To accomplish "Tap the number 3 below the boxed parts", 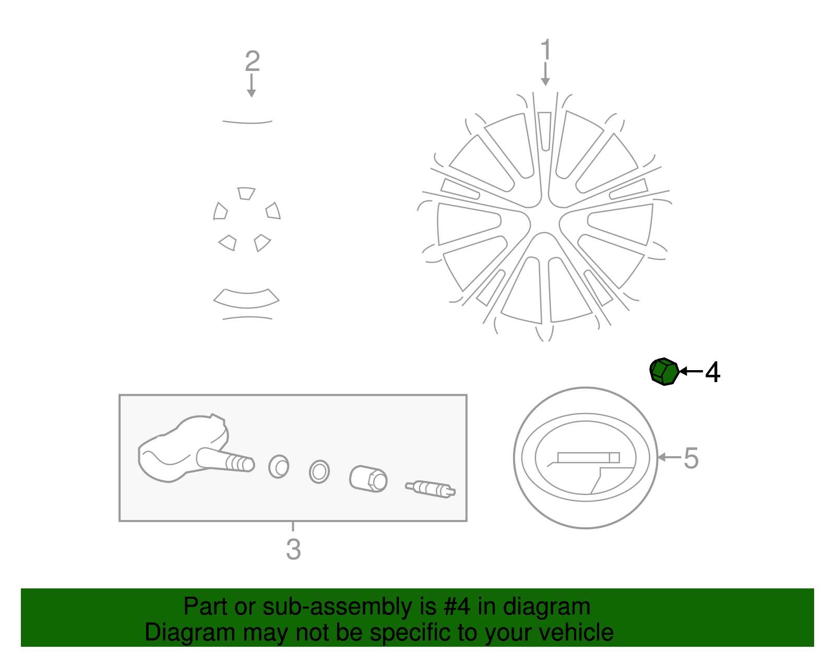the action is tap(293, 549).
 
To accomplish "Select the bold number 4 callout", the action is tap(712, 372).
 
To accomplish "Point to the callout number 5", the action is tap(691, 458).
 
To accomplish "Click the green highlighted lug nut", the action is tap(664, 371).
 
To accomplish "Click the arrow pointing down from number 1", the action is tap(545, 74).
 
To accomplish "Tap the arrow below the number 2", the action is tap(252, 86).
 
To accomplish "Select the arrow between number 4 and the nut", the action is tap(691, 371).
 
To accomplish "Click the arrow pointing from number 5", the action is tap(669, 457).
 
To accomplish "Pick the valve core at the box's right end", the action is tap(431, 489).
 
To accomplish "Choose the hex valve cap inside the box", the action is tap(368, 479).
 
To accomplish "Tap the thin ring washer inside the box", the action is tap(319, 471).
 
